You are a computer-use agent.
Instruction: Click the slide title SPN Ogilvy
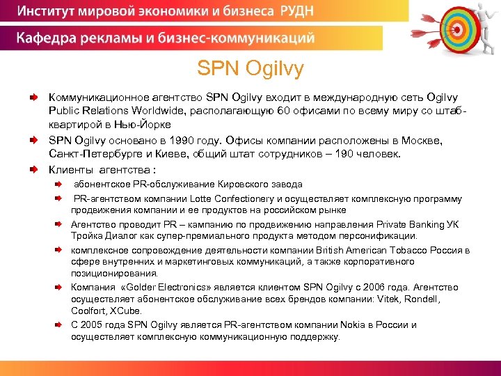(250, 69)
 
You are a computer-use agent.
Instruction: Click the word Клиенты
(70, 169)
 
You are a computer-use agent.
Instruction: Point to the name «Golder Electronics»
(161, 287)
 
